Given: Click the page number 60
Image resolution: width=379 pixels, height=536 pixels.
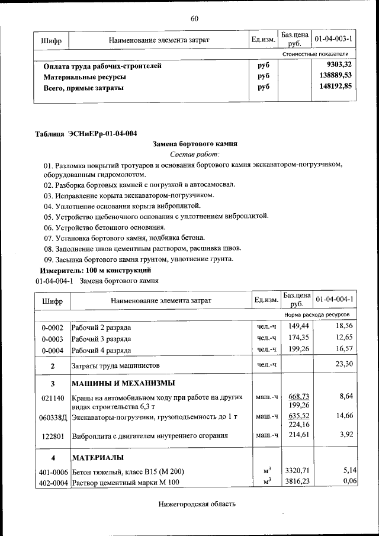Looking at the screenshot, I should point(194,18).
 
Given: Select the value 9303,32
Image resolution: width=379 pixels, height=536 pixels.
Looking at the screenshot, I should point(339,65).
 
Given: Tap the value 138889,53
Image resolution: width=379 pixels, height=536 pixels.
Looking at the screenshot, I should point(335,76).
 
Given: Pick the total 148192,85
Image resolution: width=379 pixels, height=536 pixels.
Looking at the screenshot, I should point(335,87).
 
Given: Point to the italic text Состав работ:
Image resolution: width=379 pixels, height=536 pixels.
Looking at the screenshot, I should point(195,154).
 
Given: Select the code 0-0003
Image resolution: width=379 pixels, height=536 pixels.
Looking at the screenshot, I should point(52,338).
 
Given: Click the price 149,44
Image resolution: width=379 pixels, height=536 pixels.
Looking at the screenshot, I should point(298,326).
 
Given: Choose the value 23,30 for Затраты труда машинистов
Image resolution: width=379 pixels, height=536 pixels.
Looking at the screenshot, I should point(343,364).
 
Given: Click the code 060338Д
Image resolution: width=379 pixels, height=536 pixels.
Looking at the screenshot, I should point(52,418).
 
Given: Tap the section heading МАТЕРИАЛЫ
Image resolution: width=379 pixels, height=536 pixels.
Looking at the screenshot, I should point(98,458).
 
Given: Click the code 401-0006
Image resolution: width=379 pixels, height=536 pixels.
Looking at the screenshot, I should point(52,471).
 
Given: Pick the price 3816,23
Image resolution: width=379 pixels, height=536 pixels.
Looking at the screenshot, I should point(298,482).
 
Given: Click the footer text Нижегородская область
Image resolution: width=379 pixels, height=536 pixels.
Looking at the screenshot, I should point(198,504).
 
